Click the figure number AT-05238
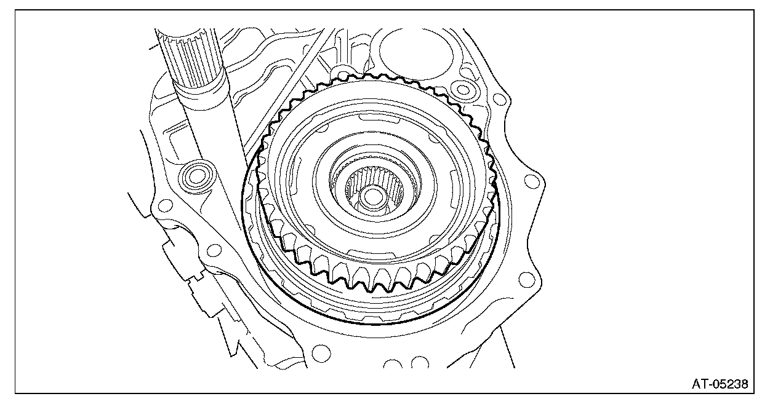720,384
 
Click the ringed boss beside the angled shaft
196,176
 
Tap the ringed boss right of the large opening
463,90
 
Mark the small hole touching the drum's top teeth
343,76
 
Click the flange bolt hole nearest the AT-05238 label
526,280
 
